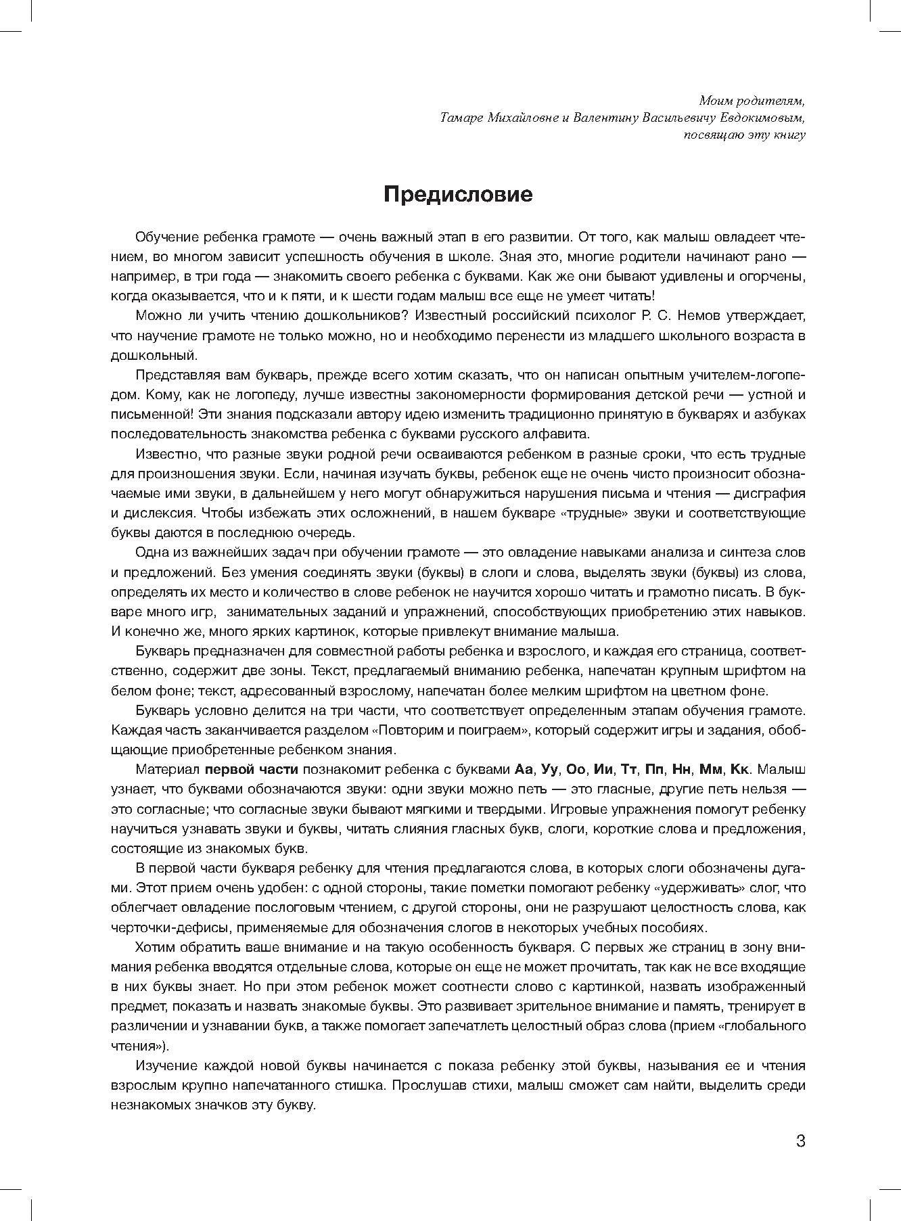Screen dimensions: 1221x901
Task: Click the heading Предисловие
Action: pos(458,195)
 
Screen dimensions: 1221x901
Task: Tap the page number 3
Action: pos(800,1141)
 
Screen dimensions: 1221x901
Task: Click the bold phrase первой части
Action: pos(252,770)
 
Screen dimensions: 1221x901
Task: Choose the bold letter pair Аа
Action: pos(524,770)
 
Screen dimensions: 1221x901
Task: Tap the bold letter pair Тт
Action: pos(629,770)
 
